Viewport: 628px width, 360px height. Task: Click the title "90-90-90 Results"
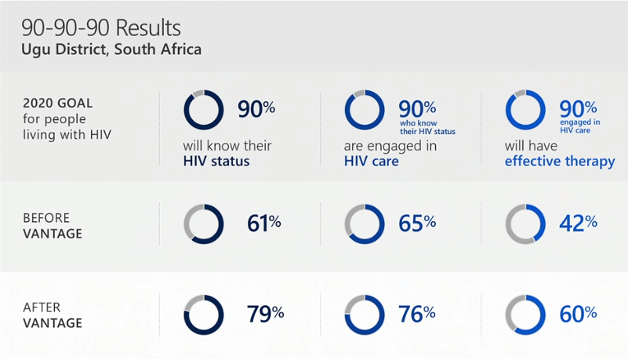101,29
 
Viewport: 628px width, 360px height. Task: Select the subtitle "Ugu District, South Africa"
111,50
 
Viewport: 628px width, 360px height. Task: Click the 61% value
264,224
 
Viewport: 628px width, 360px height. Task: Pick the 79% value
265,314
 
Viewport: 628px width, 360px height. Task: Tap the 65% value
417,224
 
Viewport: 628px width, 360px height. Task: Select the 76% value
417,314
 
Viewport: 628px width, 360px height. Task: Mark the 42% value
579,224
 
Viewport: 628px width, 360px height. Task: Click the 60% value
579,314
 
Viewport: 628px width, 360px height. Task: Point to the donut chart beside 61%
204,224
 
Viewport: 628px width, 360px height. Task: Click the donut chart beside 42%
525,224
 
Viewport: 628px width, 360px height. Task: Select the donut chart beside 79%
204,315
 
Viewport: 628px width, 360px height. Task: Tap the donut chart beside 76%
365,315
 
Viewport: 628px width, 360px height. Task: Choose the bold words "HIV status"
216,162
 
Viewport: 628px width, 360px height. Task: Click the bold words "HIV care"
371,162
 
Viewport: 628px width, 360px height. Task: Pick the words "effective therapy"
559,162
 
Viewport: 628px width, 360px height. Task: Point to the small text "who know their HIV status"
427,126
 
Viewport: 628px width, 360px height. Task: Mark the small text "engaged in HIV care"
580,125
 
